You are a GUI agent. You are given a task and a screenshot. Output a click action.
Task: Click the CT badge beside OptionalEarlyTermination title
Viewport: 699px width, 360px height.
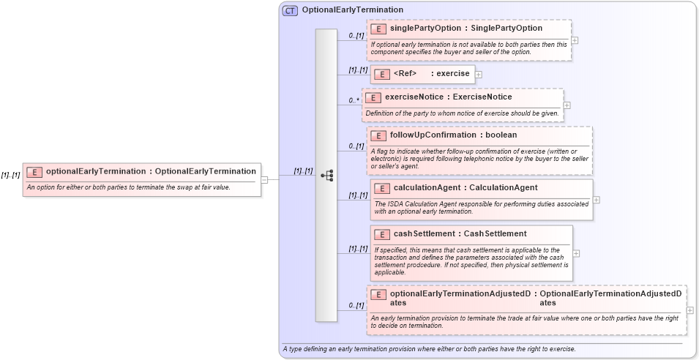tap(290, 10)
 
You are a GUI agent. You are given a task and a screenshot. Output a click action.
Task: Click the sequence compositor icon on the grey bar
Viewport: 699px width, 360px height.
tap(326, 175)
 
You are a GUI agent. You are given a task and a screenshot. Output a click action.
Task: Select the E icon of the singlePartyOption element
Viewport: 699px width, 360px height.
tap(378, 29)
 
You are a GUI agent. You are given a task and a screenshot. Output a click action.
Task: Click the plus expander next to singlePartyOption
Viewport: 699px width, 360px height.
tap(575, 41)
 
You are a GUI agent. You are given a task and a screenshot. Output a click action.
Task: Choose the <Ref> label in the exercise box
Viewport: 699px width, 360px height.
tap(405, 74)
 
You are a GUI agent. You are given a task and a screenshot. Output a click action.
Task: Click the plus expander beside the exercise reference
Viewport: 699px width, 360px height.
tap(478, 74)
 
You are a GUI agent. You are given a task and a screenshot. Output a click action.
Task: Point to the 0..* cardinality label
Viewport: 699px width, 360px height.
tap(354, 100)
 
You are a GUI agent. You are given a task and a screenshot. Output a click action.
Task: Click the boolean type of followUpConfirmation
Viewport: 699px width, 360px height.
tap(501, 135)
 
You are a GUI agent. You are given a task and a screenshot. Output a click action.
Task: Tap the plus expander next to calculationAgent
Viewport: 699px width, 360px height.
tap(597, 199)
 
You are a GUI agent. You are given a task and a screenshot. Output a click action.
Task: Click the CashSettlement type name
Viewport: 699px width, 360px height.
tap(495, 234)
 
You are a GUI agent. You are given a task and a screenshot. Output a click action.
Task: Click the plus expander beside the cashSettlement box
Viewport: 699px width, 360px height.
tap(576, 253)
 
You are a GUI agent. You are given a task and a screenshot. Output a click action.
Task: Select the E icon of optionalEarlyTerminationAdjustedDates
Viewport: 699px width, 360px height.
tap(378, 294)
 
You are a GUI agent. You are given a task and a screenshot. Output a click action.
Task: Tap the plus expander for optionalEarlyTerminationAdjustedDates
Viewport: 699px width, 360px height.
tap(690, 310)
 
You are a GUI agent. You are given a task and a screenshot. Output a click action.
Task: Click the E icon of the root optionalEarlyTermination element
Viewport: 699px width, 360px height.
tap(34, 172)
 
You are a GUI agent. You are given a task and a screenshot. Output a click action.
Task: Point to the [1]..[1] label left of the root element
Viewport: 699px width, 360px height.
tap(10, 176)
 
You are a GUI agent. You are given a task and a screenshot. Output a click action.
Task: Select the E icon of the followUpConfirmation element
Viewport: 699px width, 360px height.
tap(378, 135)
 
